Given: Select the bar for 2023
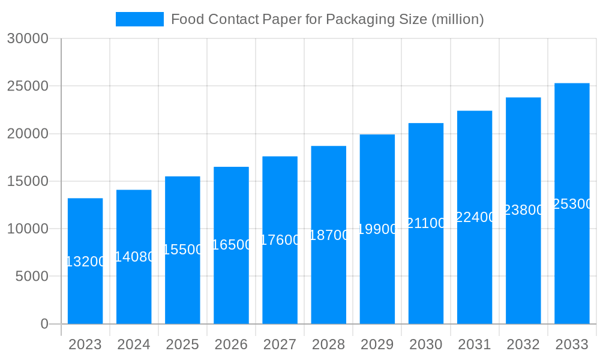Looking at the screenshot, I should (x=85, y=261).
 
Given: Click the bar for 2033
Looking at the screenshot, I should (x=572, y=203).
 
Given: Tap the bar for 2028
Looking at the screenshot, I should (x=329, y=235).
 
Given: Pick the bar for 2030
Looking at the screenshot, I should (x=426, y=223).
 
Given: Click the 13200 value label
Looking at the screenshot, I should (x=85, y=262).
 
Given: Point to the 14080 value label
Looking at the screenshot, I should (x=134, y=257).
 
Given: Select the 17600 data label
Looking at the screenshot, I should (x=280, y=240).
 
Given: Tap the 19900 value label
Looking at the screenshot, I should (x=377, y=229).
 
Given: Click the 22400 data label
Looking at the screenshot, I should (x=475, y=217).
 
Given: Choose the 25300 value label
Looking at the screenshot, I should (x=572, y=204).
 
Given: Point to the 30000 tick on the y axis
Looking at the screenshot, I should (x=27, y=38).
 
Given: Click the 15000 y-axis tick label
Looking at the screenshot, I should (x=27, y=181).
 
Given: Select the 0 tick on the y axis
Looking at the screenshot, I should (x=44, y=324).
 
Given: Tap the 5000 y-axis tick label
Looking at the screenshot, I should (x=31, y=277).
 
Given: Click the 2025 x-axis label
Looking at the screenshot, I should (x=182, y=344).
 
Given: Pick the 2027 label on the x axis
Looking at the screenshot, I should (x=280, y=344).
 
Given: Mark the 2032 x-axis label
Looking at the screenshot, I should (x=523, y=344).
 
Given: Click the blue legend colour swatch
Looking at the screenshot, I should (x=139, y=19).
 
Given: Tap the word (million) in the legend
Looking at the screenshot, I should (x=457, y=19).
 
